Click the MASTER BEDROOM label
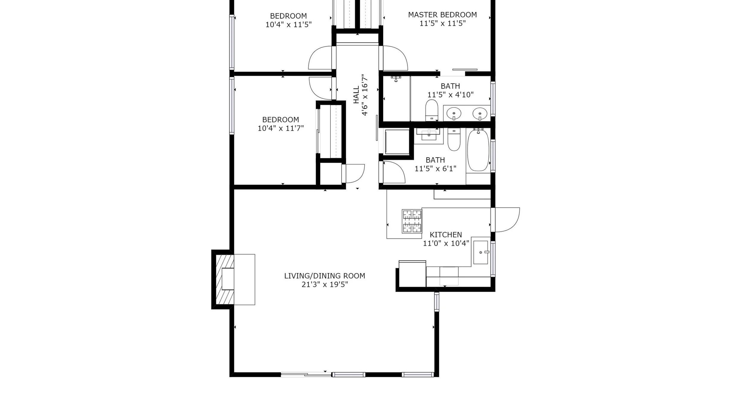click(x=442, y=15)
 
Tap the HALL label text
click(x=356, y=95)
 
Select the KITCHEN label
click(x=446, y=235)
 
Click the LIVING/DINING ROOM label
click(x=324, y=276)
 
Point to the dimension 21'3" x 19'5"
click(x=324, y=284)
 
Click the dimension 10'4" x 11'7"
click(x=281, y=128)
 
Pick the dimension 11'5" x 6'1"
click(x=435, y=169)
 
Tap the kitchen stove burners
click(x=412, y=221)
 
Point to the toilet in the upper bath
click(x=432, y=110)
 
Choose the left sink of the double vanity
click(x=454, y=114)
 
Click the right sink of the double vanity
click(x=480, y=114)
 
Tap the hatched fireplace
click(x=225, y=279)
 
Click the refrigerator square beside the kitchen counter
click(x=412, y=274)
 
